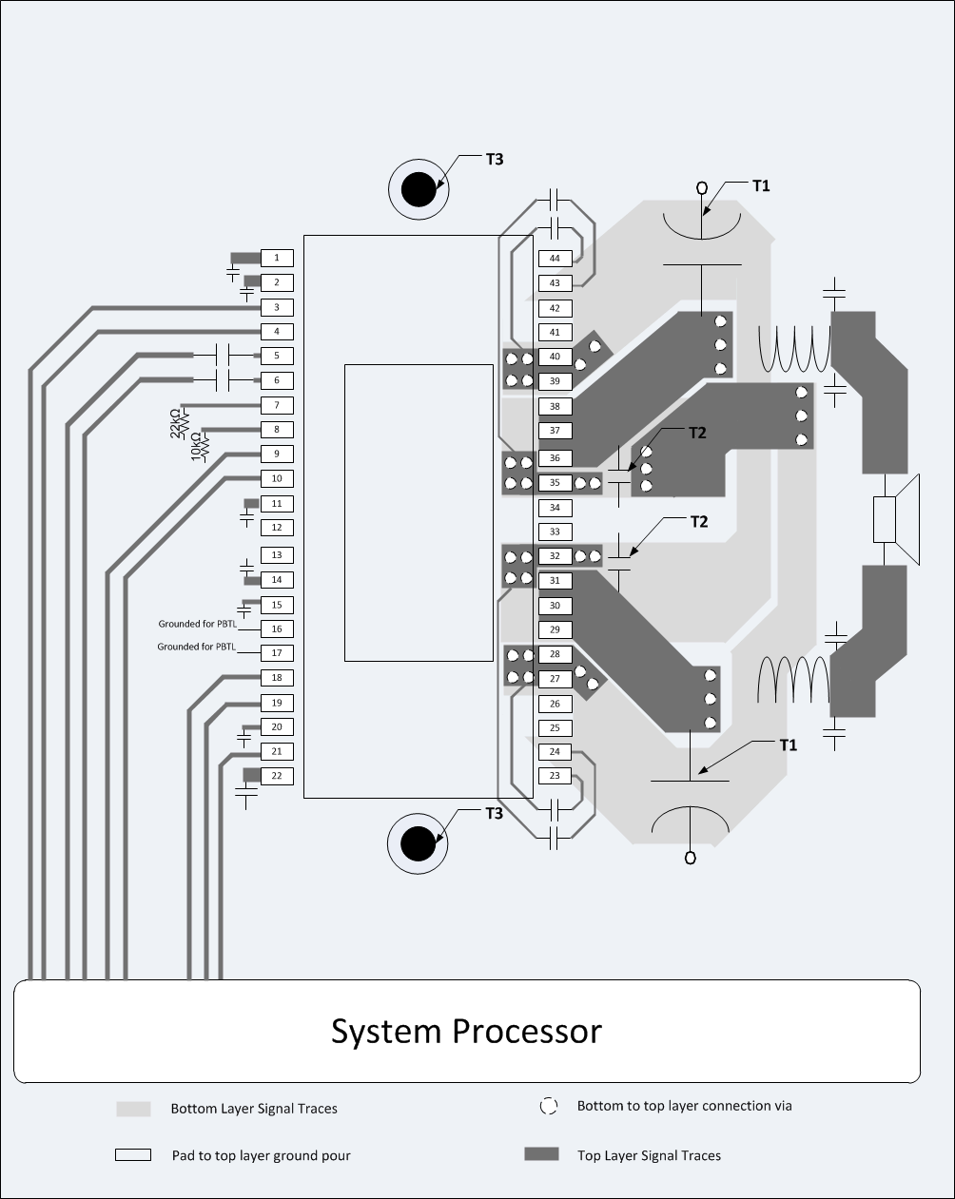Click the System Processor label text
click(x=466, y=1031)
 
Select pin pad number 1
click(x=277, y=258)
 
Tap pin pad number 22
click(x=277, y=776)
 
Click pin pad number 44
click(x=555, y=259)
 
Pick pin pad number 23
click(x=555, y=776)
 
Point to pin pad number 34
click(x=555, y=508)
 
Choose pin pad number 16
click(x=277, y=629)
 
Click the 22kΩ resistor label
click(x=175, y=423)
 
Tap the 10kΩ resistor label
click(x=197, y=447)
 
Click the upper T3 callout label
click(x=494, y=159)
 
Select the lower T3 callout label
click(x=494, y=813)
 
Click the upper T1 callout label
click(x=761, y=186)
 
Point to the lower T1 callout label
click(x=788, y=745)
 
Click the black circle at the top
click(x=418, y=189)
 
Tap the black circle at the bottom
click(x=418, y=843)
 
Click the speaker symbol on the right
click(x=898, y=520)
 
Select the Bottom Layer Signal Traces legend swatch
click(x=133, y=1109)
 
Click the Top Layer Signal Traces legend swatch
click(x=541, y=1154)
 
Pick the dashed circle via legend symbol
click(x=548, y=1106)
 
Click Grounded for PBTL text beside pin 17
click(x=196, y=648)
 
